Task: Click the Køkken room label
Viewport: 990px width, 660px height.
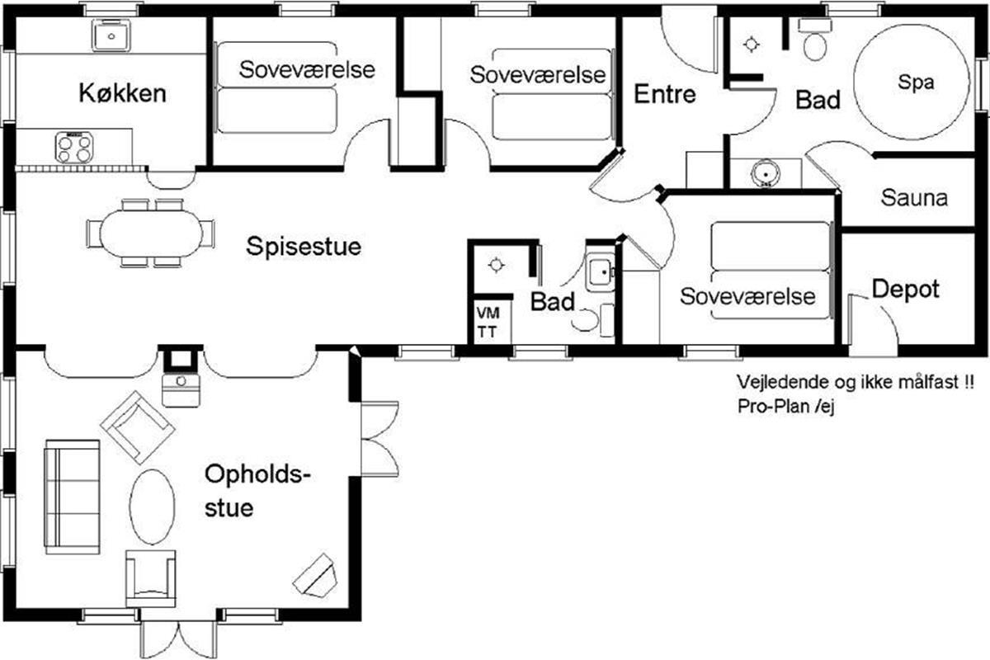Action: [x=122, y=93]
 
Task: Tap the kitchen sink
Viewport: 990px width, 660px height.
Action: [x=111, y=35]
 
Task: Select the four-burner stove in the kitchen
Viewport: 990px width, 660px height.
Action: [x=74, y=147]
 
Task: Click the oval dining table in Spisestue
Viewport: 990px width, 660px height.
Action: [x=151, y=233]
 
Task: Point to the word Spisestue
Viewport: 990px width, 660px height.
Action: [x=304, y=246]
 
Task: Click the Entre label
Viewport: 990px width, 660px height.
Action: [x=665, y=94]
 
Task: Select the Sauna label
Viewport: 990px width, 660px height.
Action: [x=914, y=198]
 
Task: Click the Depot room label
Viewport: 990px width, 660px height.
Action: [x=906, y=290]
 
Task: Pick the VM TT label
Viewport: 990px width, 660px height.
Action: [x=488, y=323]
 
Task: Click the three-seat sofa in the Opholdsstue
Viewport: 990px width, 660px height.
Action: [x=73, y=497]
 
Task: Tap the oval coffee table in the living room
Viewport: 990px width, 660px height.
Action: [x=152, y=507]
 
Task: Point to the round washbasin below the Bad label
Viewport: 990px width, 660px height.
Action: [x=766, y=173]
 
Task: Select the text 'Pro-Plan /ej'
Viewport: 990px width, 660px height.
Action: [x=785, y=407]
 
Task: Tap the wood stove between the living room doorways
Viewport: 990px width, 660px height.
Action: [x=181, y=390]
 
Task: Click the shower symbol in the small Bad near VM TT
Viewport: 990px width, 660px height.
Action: [x=497, y=266]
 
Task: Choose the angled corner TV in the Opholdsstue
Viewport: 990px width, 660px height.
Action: [x=315, y=576]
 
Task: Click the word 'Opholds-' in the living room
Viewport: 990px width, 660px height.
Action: [x=257, y=475]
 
